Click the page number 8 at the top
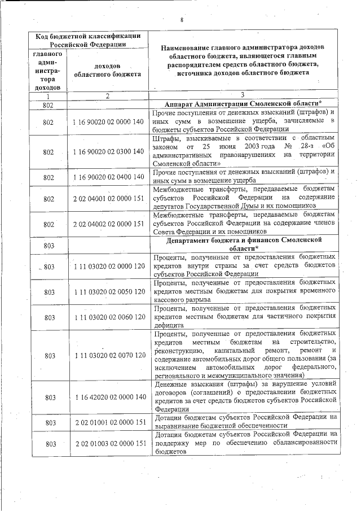coord(182,20)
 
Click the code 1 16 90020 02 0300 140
coord(109,152)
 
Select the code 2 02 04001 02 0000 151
coord(109,199)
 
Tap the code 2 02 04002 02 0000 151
coord(109,224)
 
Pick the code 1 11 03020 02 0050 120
coord(109,292)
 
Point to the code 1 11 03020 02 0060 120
coord(109,317)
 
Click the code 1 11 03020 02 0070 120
coord(109,356)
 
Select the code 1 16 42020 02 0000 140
coord(109,397)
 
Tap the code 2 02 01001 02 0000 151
coord(109,422)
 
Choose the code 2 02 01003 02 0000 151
coord(109,444)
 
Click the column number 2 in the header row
coord(107,95)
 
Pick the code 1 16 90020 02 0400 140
coord(109,177)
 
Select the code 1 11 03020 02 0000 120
coord(109,266)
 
